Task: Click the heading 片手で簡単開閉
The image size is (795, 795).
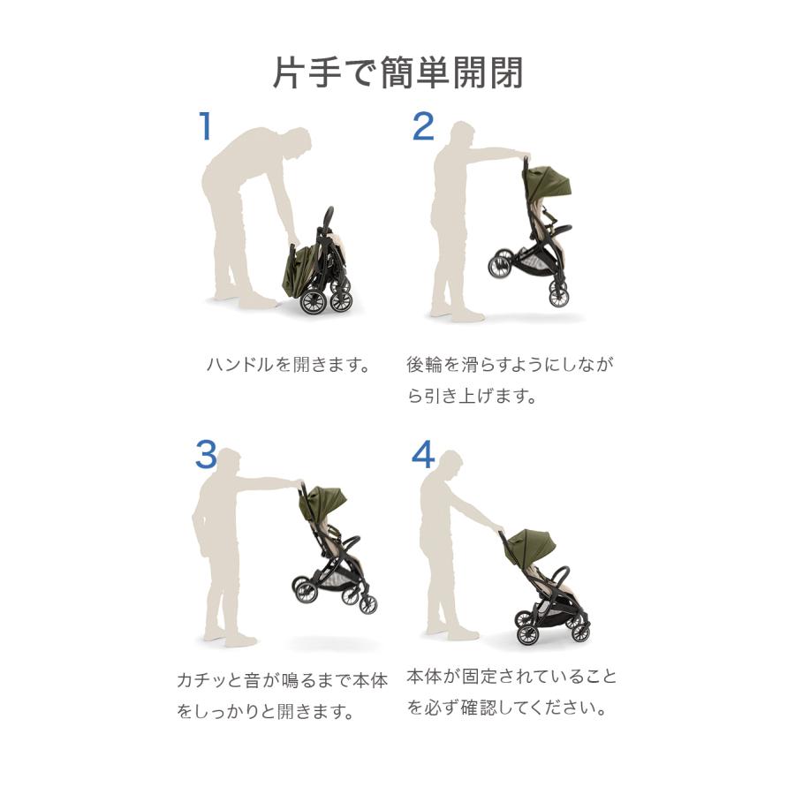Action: click(398, 73)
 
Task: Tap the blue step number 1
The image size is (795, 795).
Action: click(205, 125)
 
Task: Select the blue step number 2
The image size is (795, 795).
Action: click(423, 126)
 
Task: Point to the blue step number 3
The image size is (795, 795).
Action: click(206, 455)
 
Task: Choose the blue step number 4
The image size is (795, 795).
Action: click(423, 454)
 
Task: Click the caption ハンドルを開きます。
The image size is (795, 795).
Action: click(289, 365)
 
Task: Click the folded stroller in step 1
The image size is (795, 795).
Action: click(318, 266)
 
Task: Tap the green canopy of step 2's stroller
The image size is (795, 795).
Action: click(550, 183)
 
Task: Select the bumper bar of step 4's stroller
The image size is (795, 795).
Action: click(559, 579)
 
